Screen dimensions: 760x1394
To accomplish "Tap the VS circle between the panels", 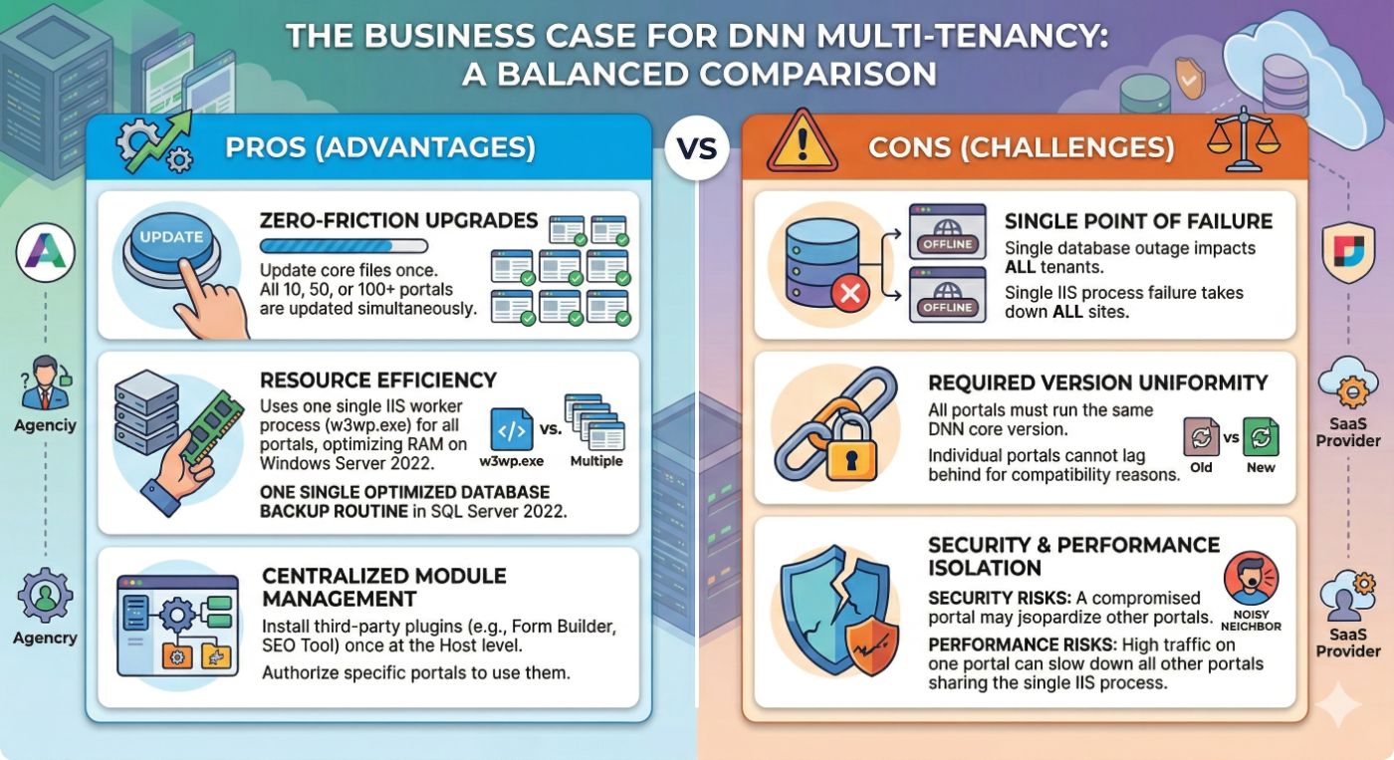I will pos(697,148).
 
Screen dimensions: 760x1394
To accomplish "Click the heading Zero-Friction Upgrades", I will pos(398,220).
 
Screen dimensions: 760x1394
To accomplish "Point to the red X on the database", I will pos(853,292).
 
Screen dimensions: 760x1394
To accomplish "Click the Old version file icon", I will pos(1201,438).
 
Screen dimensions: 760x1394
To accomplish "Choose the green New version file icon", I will pos(1261,438).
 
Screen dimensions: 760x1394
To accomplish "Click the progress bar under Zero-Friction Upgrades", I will pos(343,246).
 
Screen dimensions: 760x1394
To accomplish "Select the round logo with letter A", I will pos(46,255).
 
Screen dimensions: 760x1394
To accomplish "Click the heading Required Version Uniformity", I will pos(1097,382).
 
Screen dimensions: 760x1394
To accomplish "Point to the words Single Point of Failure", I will pos(1137,220).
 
